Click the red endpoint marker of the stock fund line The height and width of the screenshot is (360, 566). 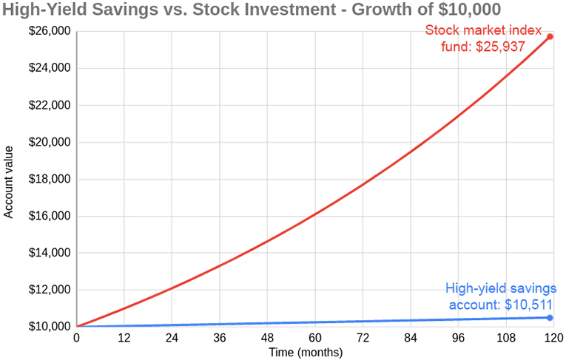coord(550,36)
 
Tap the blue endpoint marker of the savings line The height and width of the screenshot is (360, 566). coord(550,317)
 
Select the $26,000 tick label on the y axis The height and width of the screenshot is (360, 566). coord(49,32)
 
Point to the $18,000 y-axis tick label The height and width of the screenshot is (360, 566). coord(49,179)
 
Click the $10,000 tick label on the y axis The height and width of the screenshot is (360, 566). coord(49,327)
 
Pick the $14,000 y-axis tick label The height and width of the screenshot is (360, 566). coord(49,253)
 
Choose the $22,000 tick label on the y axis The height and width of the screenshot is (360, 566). coord(49,105)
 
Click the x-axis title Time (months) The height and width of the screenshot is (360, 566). coord(306,353)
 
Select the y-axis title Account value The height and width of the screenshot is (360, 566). coord(10,179)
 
